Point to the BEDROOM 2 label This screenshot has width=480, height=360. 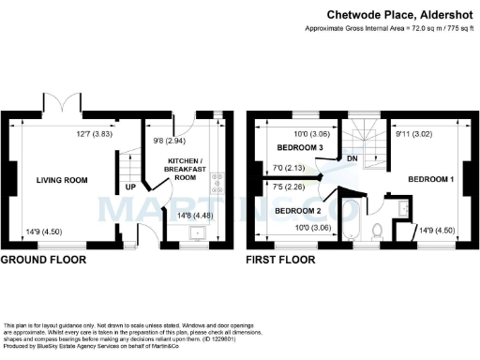click(298, 211)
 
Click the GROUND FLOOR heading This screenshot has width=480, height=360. click(43, 259)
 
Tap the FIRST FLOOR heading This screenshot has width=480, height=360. click(278, 259)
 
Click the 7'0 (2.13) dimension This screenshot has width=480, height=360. click(286, 170)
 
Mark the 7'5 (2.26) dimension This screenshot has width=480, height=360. click(286, 187)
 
